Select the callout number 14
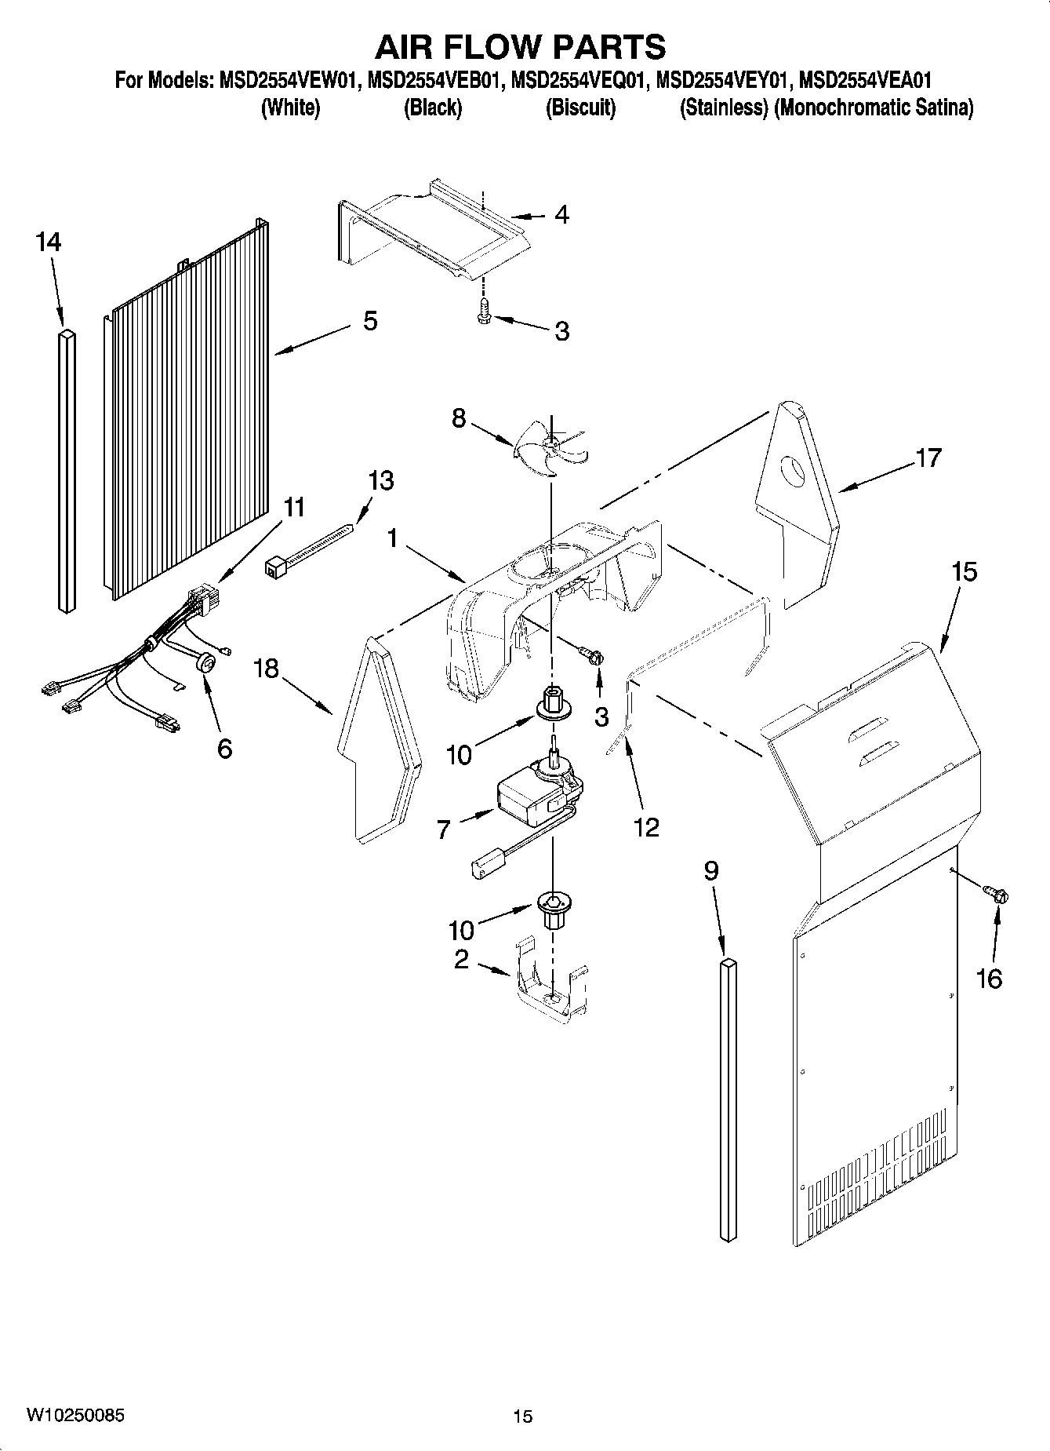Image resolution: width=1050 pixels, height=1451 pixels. (x=48, y=242)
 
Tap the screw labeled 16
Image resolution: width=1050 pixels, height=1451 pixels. (x=997, y=894)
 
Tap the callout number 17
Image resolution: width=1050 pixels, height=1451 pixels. (x=928, y=457)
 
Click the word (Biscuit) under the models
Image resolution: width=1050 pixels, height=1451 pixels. (x=580, y=108)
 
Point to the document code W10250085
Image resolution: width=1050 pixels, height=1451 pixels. (x=74, y=1415)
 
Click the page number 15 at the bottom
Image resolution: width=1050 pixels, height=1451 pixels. (x=522, y=1416)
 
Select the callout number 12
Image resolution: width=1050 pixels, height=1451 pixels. (x=646, y=826)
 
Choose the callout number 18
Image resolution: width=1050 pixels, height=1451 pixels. (x=267, y=669)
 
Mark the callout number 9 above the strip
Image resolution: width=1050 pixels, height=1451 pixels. (x=710, y=871)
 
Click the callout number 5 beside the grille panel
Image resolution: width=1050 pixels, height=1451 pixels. (x=370, y=320)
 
